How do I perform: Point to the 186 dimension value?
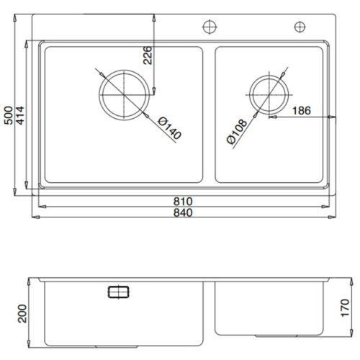[302, 111]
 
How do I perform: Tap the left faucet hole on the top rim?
[208, 27]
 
